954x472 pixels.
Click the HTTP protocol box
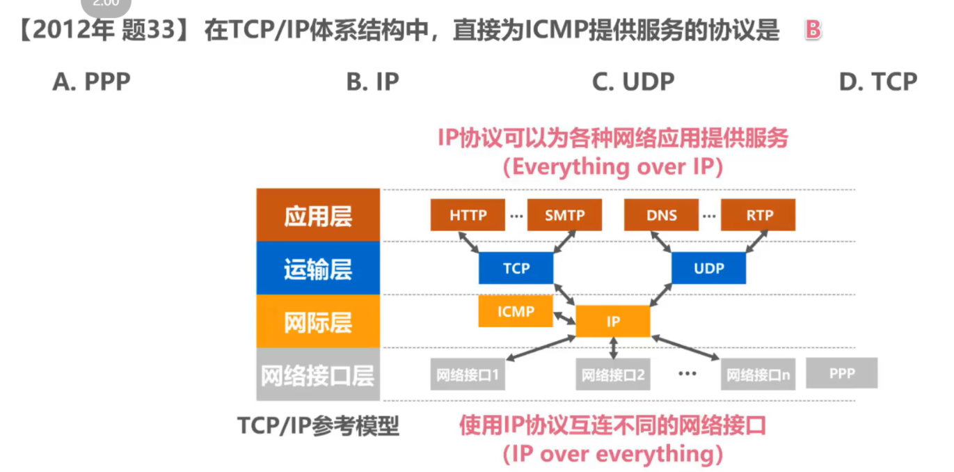click(x=468, y=215)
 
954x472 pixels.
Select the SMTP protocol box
click(x=564, y=215)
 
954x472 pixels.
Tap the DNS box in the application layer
click(x=661, y=215)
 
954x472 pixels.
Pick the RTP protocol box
click(x=758, y=215)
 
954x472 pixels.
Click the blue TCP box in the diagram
click(x=516, y=268)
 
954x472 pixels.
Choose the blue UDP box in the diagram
click(x=708, y=268)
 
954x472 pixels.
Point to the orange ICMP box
click(x=515, y=311)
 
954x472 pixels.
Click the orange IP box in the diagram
click(x=612, y=322)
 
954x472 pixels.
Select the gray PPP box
click(x=841, y=373)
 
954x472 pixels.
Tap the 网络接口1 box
click(x=468, y=376)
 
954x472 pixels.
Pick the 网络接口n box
click(x=758, y=376)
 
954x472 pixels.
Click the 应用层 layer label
click(x=318, y=216)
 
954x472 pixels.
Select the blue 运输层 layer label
click(x=318, y=269)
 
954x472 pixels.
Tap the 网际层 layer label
click(x=318, y=322)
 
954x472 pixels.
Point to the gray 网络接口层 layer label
click(x=318, y=375)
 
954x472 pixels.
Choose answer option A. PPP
click(x=91, y=82)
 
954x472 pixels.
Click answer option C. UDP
click(x=633, y=82)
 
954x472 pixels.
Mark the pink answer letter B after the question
click(x=813, y=31)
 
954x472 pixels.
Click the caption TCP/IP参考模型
click(x=319, y=425)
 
